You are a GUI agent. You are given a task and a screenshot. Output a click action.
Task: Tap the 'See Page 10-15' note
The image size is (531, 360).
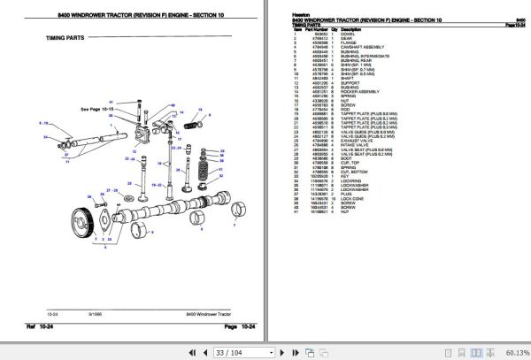[97, 109]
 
